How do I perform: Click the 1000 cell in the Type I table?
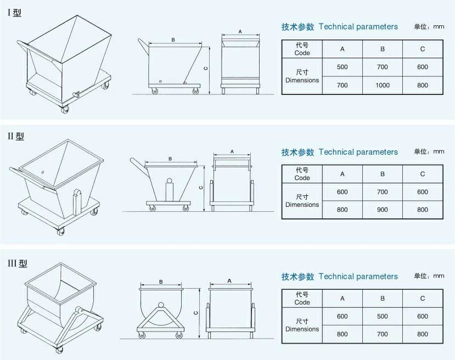click(x=382, y=85)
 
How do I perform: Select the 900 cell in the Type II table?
click(x=382, y=210)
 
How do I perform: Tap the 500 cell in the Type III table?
click(x=382, y=316)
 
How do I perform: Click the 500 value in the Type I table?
click(x=342, y=67)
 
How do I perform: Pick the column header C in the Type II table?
click(x=423, y=174)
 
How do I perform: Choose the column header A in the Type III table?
click(x=342, y=299)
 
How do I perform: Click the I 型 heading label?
click(x=14, y=13)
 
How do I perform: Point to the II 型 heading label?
click(x=16, y=136)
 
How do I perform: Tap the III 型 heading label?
click(x=18, y=263)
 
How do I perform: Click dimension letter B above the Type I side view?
click(x=173, y=40)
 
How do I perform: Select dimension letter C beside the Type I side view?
click(x=206, y=69)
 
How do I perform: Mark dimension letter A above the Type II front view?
click(x=232, y=151)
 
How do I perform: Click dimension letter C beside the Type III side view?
click(x=195, y=313)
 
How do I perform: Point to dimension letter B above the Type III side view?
click(x=161, y=282)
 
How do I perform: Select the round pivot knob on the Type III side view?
click(x=161, y=305)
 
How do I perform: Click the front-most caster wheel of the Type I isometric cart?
click(x=65, y=109)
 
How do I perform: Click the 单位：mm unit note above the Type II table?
click(x=429, y=151)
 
